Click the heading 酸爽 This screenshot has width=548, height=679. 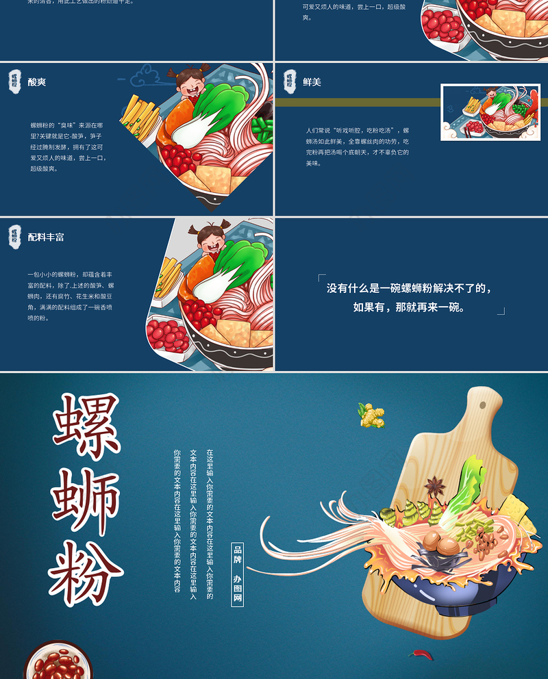pos(37,82)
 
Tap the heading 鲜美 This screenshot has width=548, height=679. pos(312,82)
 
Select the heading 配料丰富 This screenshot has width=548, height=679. pos(46,238)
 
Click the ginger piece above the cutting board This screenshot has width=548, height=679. pos(371,415)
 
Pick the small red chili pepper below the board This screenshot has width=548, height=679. pos(422,655)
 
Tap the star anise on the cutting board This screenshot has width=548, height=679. pos(434,487)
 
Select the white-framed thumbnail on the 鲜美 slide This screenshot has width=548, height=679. pos(490,113)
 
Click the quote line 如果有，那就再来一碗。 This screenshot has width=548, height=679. pos(409,308)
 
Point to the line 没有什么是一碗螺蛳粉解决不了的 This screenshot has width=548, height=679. pos(409,289)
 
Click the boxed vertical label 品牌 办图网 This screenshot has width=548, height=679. pos(238,574)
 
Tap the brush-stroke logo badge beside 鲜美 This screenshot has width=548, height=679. pos(290,81)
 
